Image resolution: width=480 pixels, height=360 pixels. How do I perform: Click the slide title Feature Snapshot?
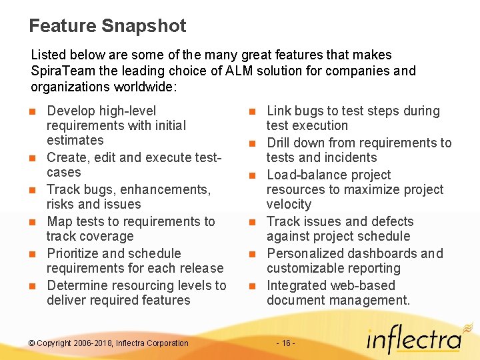click(107, 26)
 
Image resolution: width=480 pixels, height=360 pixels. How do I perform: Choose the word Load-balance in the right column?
click(305, 175)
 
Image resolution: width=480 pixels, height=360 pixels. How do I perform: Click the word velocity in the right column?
click(289, 204)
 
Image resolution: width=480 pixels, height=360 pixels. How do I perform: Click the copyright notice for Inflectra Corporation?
click(109, 343)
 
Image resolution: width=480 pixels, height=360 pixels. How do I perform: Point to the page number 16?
click(285, 343)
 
